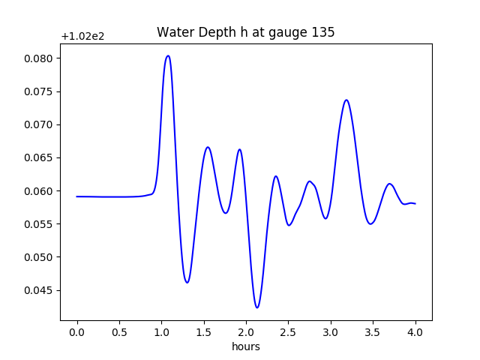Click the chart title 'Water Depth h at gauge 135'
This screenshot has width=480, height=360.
pyautogui.click(x=245, y=32)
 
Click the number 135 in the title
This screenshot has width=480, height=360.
pyautogui.click(x=323, y=32)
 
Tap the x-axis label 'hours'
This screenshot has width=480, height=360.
pyautogui.click(x=245, y=346)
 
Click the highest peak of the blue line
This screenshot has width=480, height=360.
pyautogui.click(x=168, y=55)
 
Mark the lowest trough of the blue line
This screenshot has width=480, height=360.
pyautogui.click(x=256, y=307)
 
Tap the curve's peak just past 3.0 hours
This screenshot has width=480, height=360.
pyautogui.click(x=346, y=100)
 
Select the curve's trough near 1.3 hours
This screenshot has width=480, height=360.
pyautogui.click(x=187, y=283)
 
